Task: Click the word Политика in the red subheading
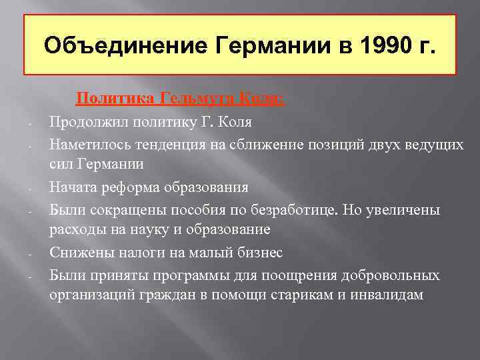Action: (x=117, y=100)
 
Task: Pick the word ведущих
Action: (x=433, y=145)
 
